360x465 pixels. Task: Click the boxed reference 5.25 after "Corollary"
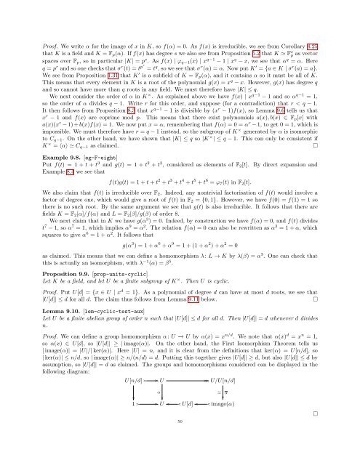(334, 13)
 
